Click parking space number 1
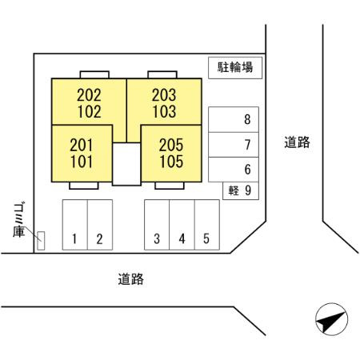coord(75,225)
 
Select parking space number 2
coord(100,225)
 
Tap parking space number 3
coord(157,225)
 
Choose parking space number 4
coord(182,225)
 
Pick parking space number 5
coord(207,225)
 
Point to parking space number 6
coord(234,170)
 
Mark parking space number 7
coord(234,145)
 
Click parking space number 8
coord(234,119)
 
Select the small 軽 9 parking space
coord(241,190)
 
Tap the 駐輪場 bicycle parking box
coord(235,68)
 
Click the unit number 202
coord(89,95)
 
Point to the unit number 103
coord(164,111)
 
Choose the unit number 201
coord(82,145)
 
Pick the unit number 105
coord(171,162)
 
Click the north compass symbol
coord(331,319)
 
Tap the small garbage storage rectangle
coord(41,241)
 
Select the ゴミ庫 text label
coord(19,220)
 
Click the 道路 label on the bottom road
coord(131,279)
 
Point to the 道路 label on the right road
coord(297,142)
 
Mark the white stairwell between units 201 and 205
coord(126,164)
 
